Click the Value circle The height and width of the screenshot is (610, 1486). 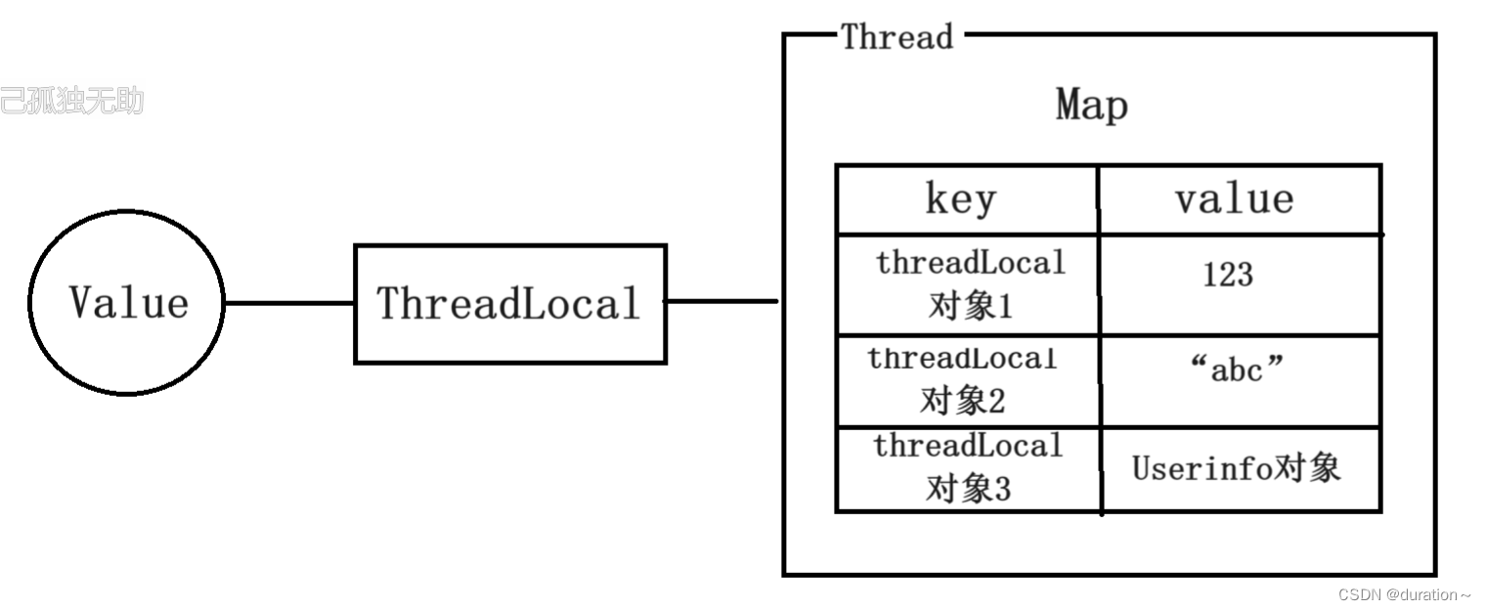pos(127,303)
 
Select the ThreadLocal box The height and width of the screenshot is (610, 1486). pos(509,303)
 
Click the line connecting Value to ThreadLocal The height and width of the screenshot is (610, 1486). pos(289,303)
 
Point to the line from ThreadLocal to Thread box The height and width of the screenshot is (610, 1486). pos(721,301)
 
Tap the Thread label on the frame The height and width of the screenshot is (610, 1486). pos(896,37)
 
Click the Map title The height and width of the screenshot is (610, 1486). pos(1091,106)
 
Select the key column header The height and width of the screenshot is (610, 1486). pos(961,199)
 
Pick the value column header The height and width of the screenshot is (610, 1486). pos(1234,199)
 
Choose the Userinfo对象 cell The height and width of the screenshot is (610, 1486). pos(1236,469)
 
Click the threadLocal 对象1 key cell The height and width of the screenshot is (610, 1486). pos(969,284)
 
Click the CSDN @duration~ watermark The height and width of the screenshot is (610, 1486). pos(1404,594)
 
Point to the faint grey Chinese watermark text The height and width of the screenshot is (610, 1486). pos(71,101)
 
